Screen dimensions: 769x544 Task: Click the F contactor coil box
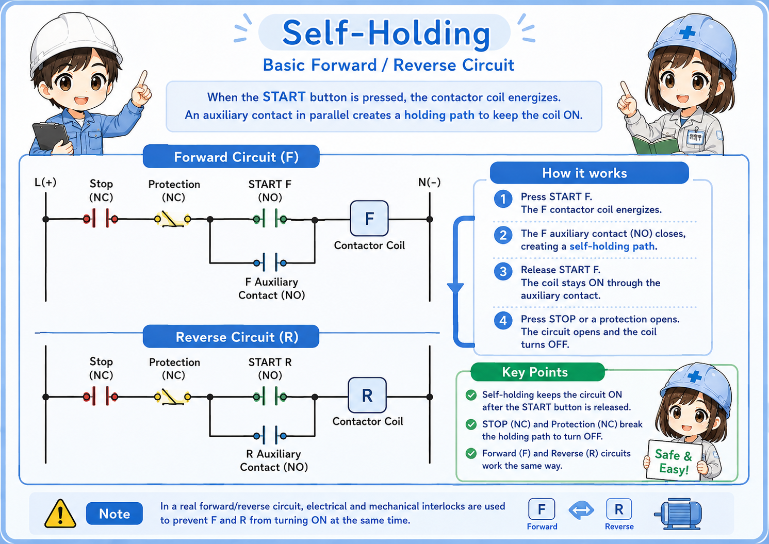click(369, 218)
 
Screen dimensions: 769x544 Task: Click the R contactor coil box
click(367, 395)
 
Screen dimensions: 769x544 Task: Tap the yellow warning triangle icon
click(60, 514)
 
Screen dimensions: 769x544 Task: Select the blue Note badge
click(114, 514)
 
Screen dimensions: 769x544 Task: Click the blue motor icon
click(678, 514)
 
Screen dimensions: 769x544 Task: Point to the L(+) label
click(45, 182)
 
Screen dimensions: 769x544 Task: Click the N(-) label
click(429, 182)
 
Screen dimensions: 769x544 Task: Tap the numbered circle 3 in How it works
click(503, 272)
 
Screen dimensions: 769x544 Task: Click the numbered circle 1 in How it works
click(503, 199)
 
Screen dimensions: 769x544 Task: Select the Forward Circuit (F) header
click(231, 157)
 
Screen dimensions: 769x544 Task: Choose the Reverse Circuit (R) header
click(231, 336)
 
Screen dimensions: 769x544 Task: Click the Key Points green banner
click(537, 372)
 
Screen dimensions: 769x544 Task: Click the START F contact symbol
click(270, 219)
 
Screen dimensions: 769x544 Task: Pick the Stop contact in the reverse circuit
click(101, 397)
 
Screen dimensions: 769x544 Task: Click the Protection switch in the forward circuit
click(173, 219)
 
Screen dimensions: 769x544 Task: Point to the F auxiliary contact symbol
click(270, 263)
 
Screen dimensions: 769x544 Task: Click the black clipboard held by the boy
click(51, 137)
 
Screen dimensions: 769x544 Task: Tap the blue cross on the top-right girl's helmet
click(687, 32)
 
